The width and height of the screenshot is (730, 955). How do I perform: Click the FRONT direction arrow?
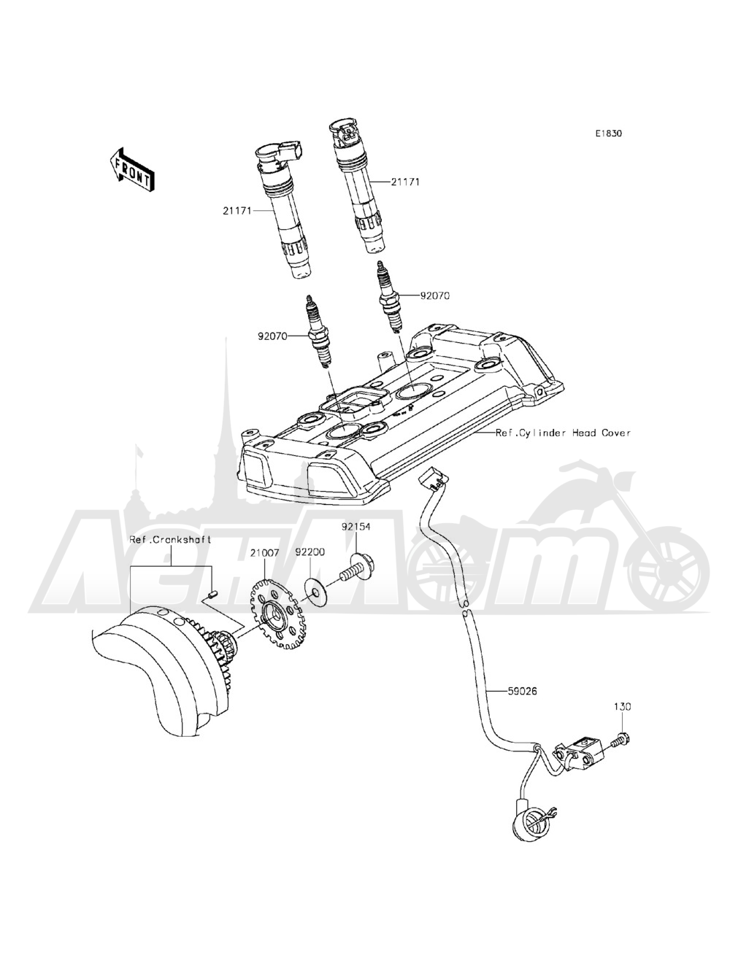coord(131,170)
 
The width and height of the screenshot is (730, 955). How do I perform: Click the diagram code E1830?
coord(609,134)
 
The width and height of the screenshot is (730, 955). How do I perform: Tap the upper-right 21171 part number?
coord(405,182)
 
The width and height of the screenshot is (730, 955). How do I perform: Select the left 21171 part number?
coord(237,211)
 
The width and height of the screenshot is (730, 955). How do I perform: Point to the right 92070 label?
coord(435,296)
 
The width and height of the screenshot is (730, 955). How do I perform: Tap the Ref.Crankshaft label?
coord(170,539)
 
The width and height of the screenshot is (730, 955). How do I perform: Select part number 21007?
coord(264,552)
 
